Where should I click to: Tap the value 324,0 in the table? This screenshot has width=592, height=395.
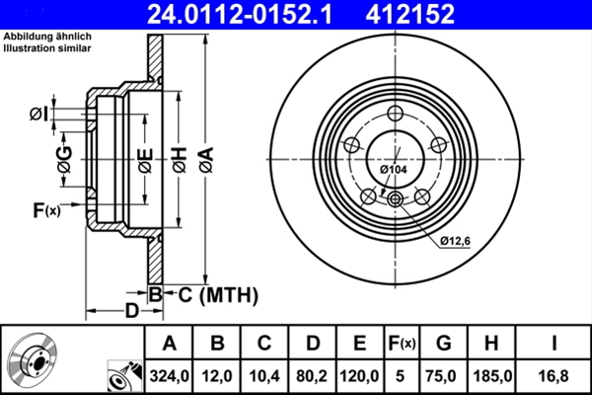point(169,376)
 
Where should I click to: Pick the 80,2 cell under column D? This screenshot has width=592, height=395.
point(312,376)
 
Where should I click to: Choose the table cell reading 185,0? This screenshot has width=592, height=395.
point(490,376)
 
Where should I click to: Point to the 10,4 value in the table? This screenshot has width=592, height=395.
point(263,376)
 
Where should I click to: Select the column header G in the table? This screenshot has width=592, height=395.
point(443,344)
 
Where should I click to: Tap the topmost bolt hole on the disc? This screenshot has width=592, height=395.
point(396,114)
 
